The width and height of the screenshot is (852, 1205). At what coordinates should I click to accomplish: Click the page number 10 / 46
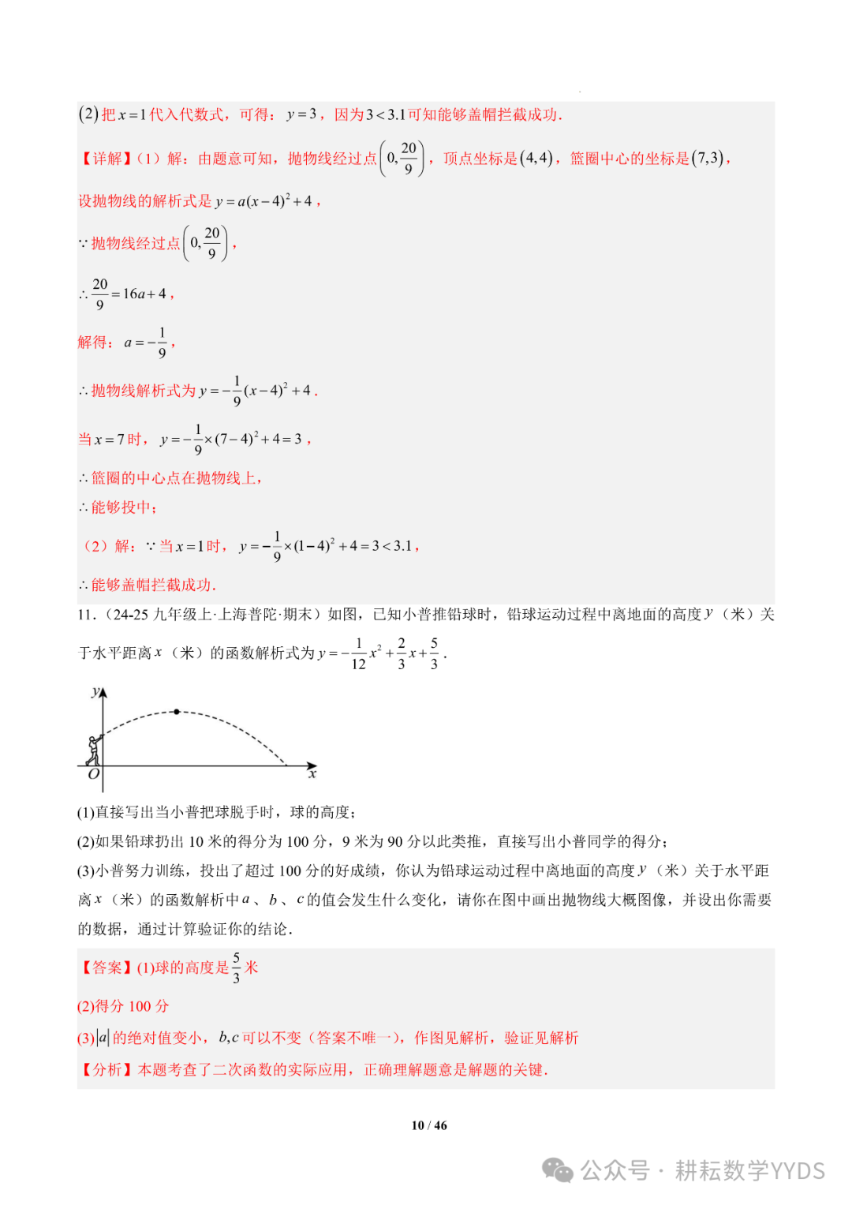point(428,1125)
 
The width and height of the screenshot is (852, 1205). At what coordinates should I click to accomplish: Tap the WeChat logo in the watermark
point(558,1170)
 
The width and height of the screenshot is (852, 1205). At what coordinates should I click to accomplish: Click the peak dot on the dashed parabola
point(177,712)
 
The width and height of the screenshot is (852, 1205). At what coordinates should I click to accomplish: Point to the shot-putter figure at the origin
point(94,750)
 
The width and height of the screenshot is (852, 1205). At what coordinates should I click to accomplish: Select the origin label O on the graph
point(94,774)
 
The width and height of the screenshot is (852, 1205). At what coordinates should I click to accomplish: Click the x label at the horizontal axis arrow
point(312,774)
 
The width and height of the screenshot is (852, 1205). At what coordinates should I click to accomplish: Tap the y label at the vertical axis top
point(95,692)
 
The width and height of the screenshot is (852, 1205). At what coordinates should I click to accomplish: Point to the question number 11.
point(86,614)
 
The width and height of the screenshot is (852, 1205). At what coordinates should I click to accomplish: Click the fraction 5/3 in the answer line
point(236,967)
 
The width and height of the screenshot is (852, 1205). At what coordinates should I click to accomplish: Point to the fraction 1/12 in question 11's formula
point(358,653)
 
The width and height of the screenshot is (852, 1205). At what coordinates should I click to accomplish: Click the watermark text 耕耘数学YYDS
point(749,1170)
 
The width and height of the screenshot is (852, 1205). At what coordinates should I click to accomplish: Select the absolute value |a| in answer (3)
point(103,1038)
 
